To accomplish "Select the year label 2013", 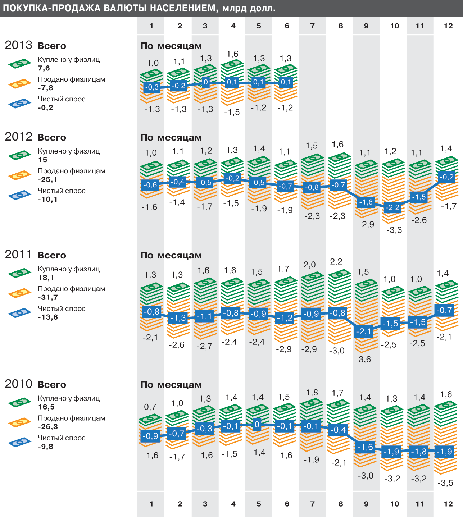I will [19, 45].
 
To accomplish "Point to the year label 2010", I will [19, 384].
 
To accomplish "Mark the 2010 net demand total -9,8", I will [45, 447].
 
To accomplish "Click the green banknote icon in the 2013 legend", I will [20, 64].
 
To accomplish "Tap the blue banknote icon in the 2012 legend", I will [20, 195].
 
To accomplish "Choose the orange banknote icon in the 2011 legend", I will [20, 293].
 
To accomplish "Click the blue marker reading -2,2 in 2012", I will [392, 207].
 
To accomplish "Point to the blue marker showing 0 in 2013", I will [205, 82].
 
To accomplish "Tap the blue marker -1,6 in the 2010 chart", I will [366, 447].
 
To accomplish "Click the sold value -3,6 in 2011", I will [363, 359].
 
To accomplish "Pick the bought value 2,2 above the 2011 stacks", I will [336, 262].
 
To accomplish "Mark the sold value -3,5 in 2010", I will [445, 483].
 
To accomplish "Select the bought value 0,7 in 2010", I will [150, 407].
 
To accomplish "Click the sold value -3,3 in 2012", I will [394, 230].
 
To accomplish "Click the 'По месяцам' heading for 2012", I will [171, 138].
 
